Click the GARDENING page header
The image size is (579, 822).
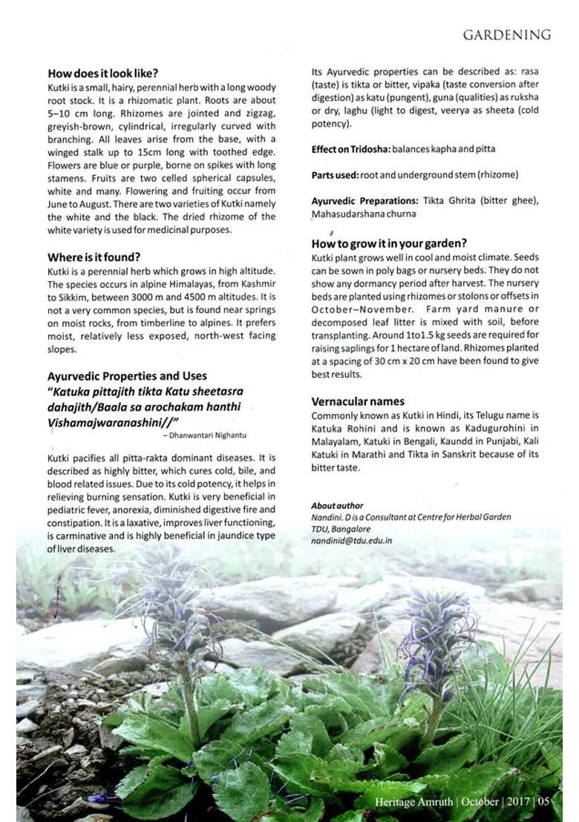pos(506,35)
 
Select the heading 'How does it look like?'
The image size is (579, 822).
pos(102,73)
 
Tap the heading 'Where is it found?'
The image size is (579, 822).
pos(94,257)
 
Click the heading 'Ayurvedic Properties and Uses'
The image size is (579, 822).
pos(127,376)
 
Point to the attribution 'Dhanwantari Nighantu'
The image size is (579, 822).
pos(209,435)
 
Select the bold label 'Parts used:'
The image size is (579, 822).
pos(334,175)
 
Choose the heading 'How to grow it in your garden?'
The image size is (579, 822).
pos(389,243)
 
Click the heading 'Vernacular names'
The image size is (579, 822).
pos(358,401)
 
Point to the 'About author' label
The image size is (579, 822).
pos(337,505)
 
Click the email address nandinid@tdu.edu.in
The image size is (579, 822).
pos(351,541)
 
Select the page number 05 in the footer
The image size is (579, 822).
pos(544,802)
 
